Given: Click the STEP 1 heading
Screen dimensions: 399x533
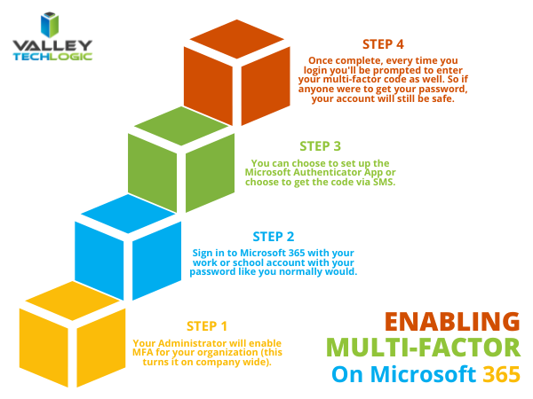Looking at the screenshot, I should click(207, 325).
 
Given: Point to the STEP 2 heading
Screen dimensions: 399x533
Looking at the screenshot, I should click(274, 237).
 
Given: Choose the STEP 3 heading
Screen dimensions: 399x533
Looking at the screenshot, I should click(321, 146).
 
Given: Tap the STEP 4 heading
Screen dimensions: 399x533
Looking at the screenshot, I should click(384, 43).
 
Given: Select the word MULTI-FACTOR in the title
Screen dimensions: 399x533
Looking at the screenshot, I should click(423, 348).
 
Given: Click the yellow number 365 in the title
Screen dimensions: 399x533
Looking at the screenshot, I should click(503, 375).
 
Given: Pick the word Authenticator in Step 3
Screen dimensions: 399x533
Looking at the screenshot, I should click(327, 173).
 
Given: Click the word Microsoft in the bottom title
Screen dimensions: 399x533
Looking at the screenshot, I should click(417, 375).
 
